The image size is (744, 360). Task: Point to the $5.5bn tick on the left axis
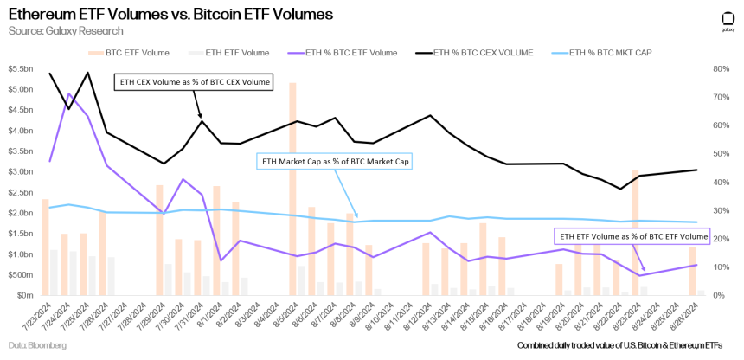pyautogui.click(x=20, y=89)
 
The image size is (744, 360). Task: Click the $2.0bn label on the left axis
pyautogui.click(x=20, y=213)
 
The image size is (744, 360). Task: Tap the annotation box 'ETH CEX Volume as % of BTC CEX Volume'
pyautogui.click(x=194, y=83)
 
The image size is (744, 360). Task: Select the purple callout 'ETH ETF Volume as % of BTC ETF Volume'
pyautogui.click(x=631, y=235)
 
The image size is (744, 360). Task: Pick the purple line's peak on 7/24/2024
pyautogui.click(x=68, y=93)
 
